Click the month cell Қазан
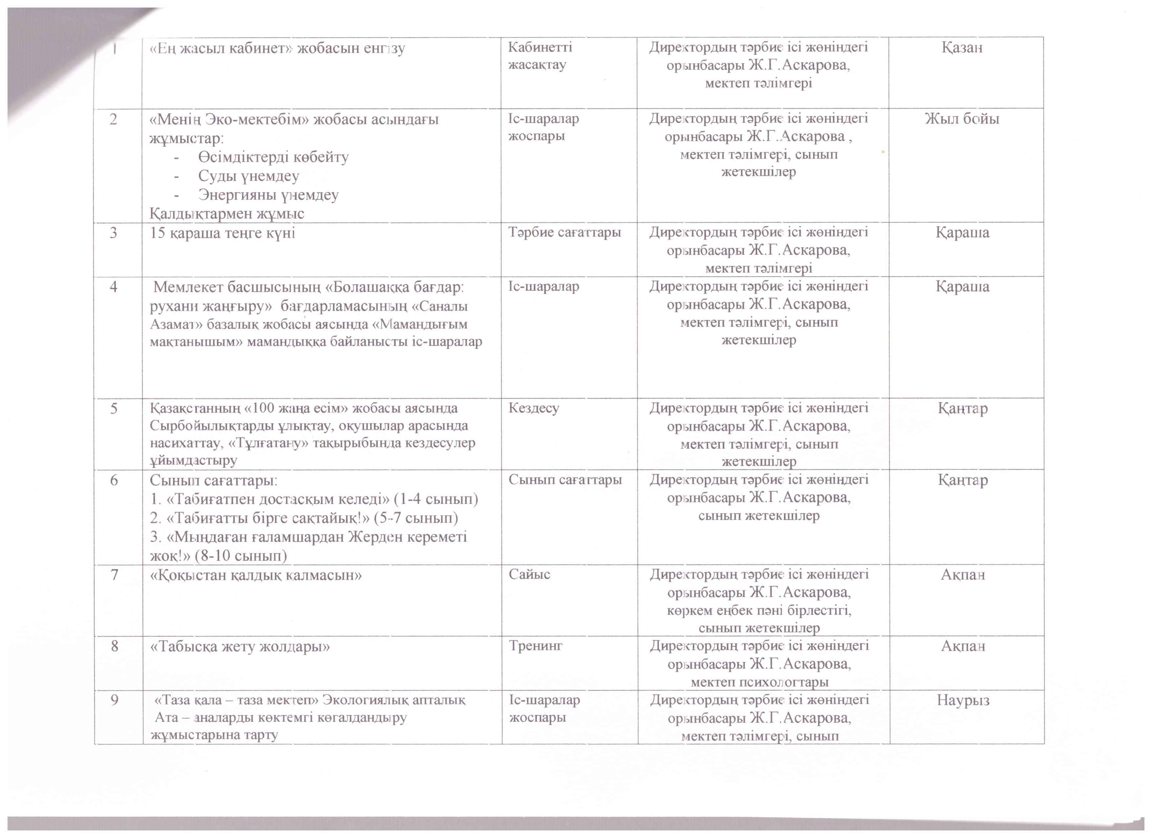click(x=962, y=48)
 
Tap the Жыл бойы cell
click(x=962, y=119)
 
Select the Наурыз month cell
click(x=963, y=700)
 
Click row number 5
click(x=114, y=408)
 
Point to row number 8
click(x=114, y=646)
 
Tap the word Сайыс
click(x=529, y=574)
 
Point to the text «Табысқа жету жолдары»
click(x=240, y=647)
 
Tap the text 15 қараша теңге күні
click(x=223, y=233)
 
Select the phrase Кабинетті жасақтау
click(x=540, y=56)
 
